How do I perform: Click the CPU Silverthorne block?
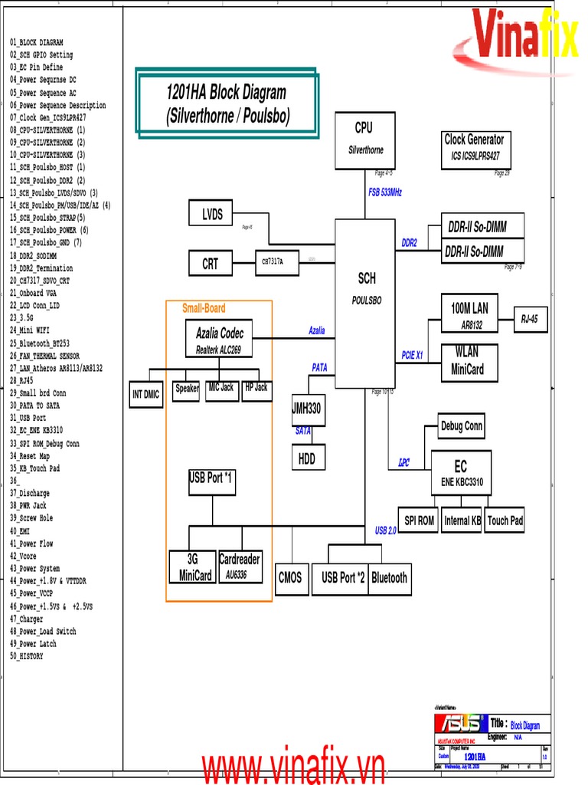tap(364, 140)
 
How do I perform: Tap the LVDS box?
tap(212, 215)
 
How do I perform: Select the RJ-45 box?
tap(530, 318)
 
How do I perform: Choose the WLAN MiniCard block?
tap(469, 362)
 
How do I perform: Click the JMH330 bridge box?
tap(307, 409)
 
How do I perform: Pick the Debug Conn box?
tap(462, 426)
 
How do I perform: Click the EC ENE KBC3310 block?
tap(460, 474)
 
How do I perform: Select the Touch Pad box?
tap(505, 521)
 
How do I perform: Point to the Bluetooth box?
tap(389, 578)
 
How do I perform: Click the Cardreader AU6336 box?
tap(240, 566)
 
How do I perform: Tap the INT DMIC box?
tap(145, 395)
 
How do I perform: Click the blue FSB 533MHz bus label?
tap(385, 192)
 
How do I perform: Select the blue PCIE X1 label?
tap(412, 356)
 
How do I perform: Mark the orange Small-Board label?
tap(204, 309)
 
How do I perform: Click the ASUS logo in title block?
tap(459, 724)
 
